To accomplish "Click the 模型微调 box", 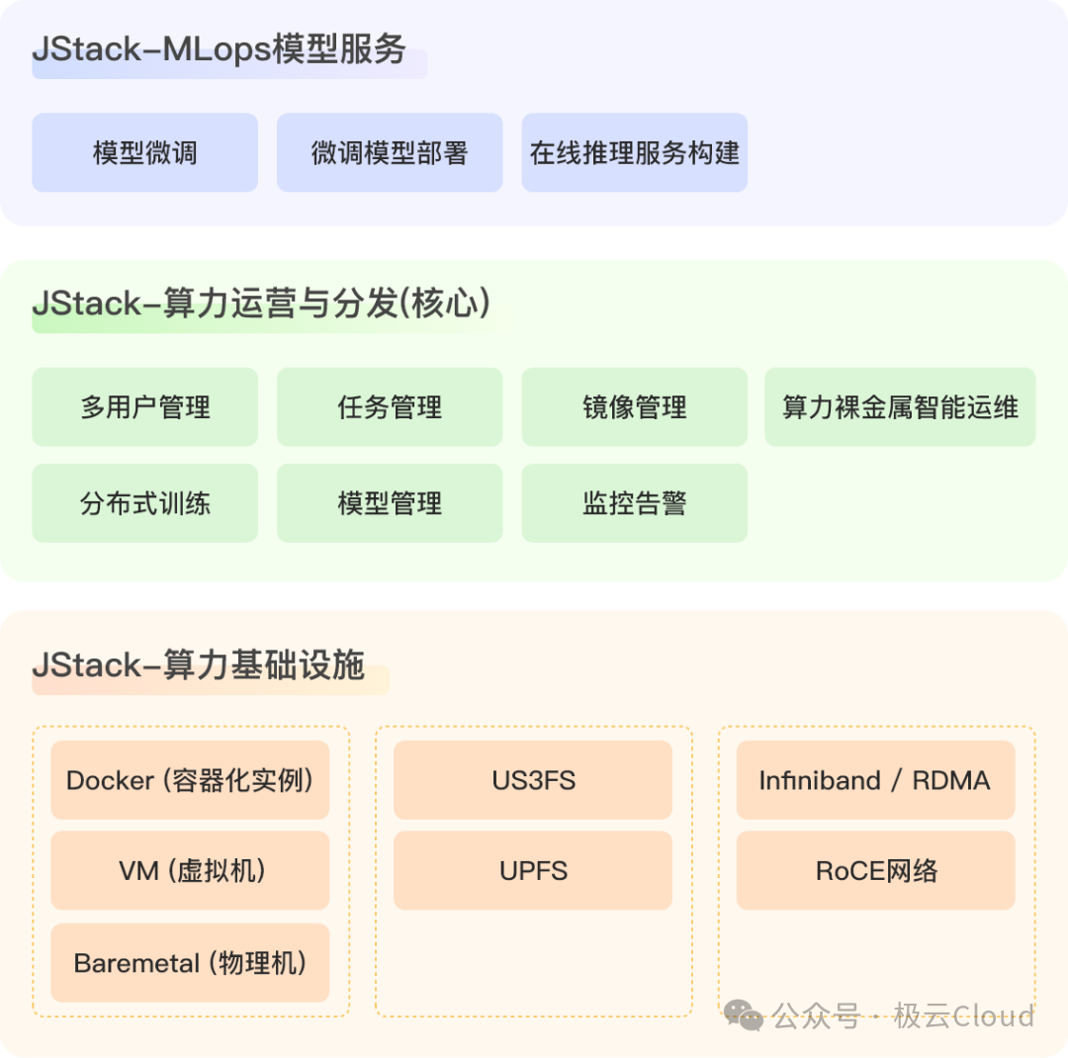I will pyautogui.click(x=144, y=152).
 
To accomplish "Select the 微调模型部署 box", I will pyautogui.click(x=390, y=152).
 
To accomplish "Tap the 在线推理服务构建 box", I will pyautogui.click(x=634, y=152).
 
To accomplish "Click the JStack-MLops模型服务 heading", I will pyautogui.click(x=220, y=50).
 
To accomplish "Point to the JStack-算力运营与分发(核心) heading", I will pyautogui.click(x=261, y=305).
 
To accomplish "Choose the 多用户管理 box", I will pyautogui.click(x=144, y=406).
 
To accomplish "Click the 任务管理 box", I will pyautogui.click(x=390, y=406).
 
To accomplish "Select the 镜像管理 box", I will pyautogui.click(x=634, y=406).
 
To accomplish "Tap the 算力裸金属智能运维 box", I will pyautogui.click(x=900, y=406).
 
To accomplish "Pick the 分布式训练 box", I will pyautogui.click(x=144, y=503).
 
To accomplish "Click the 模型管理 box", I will pyautogui.click(x=390, y=503).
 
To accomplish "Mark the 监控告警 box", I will pyautogui.click(x=634, y=503).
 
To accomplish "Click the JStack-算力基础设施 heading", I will pyautogui.click(x=199, y=665).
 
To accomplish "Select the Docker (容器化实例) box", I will pyautogui.click(x=190, y=780).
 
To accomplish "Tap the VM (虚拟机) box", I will pyautogui.click(x=190, y=870).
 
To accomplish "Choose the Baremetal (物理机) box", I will pyautogui.click(x=190, y=962).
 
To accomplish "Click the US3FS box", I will pyautogui.click(x=533, y=780).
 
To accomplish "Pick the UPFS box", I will pyautogui.click(x=533, y=870).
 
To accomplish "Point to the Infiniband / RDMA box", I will pyautogui.click(x=875, y=780).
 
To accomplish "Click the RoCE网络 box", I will pyautogui.click(x=875, y=870).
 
